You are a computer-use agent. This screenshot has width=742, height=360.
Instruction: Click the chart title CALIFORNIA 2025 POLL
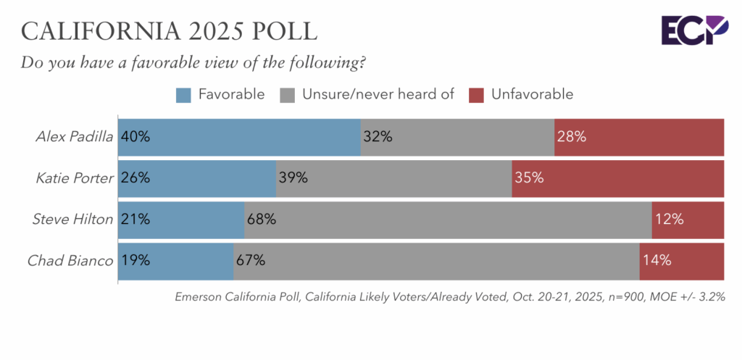pyautogui.click(x=170, y=31)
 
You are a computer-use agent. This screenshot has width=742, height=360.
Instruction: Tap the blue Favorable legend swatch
pyautogui.click(x=183, y=94)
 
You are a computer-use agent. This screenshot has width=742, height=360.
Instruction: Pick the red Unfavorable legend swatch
pyautogui.click(x=476, y=94)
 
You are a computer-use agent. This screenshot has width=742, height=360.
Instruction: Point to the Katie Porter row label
pyautogui.click(x=75, y=177)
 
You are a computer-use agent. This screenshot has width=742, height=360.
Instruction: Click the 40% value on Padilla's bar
pyautogui.click(x=136, y=136)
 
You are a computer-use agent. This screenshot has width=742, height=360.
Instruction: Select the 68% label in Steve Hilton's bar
pyautogui.click(x=262, y=219)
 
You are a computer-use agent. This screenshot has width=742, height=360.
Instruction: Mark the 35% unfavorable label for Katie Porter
pyautogui.click(x=529, y=177)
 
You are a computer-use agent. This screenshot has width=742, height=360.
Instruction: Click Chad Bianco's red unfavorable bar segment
pyautogui.click(x=681, y=261)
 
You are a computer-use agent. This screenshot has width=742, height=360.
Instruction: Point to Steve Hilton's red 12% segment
pyautogui.click(x=688, y=219)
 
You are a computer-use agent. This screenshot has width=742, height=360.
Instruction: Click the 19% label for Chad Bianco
pyautogui.click(x=136, y=261)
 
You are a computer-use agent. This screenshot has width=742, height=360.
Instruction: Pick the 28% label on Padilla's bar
pyautogui.click(x=571, y=136)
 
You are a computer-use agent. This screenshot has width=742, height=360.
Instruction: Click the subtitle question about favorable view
pyautogui.click(x=193, y=62)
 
